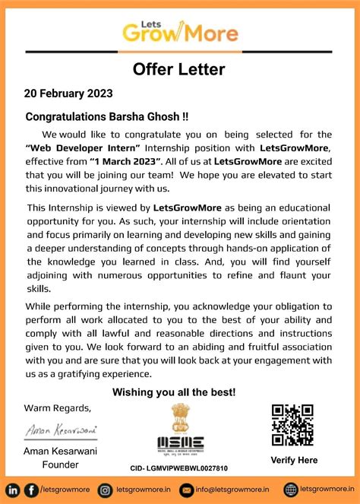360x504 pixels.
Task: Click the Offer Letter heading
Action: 179,70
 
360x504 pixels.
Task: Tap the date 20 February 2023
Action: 69,94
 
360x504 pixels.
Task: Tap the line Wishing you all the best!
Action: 174,392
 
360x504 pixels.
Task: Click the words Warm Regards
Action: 57,407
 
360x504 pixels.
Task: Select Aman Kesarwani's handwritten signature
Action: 60,430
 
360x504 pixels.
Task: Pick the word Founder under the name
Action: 60,465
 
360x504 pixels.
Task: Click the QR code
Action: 292,425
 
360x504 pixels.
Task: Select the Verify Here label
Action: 293,460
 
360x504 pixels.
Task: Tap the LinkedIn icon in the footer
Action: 14,490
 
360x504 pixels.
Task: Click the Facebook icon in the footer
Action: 31,490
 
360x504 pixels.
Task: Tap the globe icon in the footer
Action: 291,490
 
